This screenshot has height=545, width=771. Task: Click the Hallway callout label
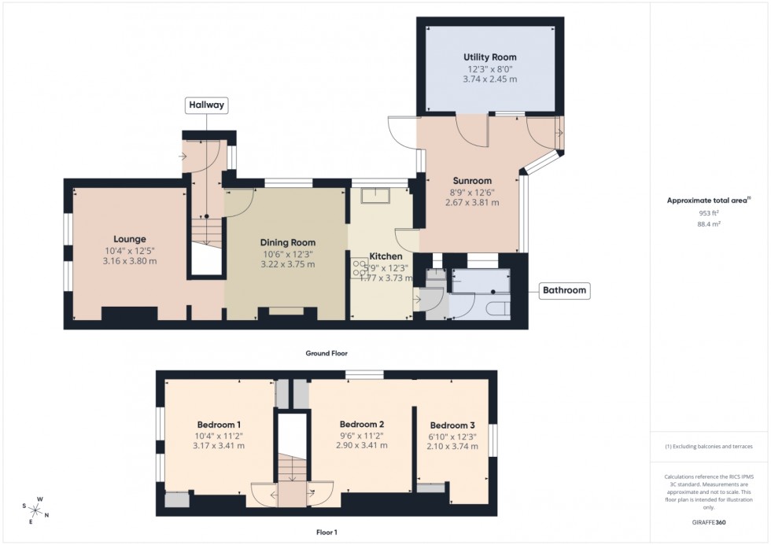[x=205, y=105]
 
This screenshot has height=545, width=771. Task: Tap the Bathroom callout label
[x=564, y=291]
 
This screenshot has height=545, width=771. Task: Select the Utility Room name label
[x=489, y=57]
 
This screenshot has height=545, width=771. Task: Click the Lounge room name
[x=130, y=239]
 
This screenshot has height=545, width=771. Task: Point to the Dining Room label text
[x=288, y=242]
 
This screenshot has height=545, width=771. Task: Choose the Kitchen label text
[x=386, y=256]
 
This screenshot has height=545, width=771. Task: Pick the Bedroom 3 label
[x=456, y=425]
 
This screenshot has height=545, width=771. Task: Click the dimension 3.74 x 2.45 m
[x=489, y=79]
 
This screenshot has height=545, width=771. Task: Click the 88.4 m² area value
[x=710, y=224]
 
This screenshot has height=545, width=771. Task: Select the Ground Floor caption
[x=326, y=354]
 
